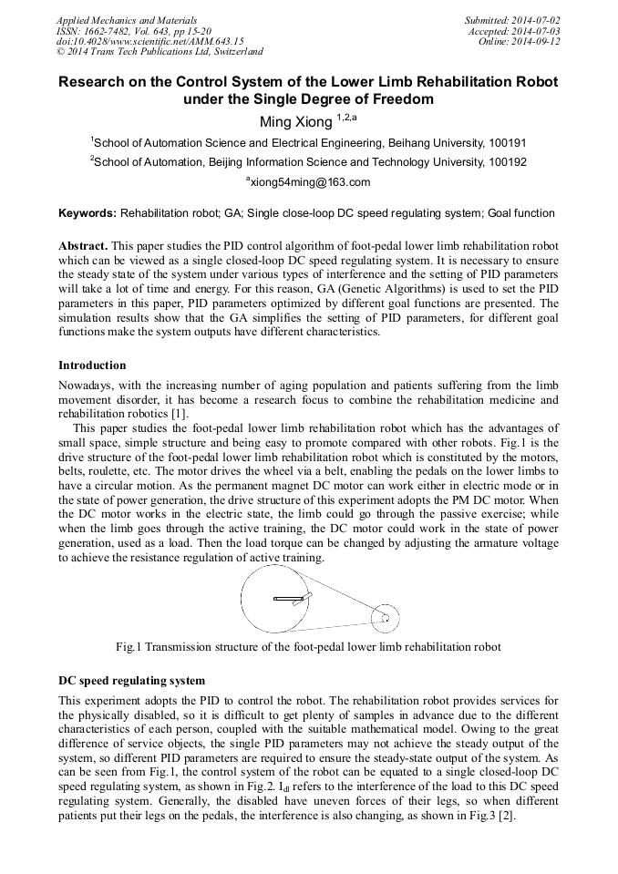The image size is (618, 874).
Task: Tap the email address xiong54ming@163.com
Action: tap(310, 182)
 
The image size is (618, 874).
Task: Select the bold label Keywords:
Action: tap(88, 213)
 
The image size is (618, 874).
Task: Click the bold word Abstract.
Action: tap(83, 247)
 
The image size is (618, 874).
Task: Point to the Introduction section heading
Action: tap(92, 365)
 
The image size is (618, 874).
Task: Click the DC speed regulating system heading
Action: tap(131, 680)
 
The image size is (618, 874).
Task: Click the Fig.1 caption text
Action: tap(308, 647)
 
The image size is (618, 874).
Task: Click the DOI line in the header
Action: tap(149, 42)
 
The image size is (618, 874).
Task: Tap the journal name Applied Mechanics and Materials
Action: tap(126, 20)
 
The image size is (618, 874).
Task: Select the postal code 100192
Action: tap(508, 162)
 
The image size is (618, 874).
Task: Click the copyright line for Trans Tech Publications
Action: tap(160, 52)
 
